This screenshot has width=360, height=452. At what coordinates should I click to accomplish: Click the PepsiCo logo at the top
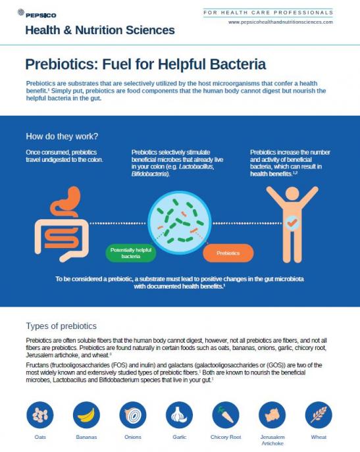tap(37, 14)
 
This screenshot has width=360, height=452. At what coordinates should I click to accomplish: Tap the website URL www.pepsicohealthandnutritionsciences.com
tap(280, 22)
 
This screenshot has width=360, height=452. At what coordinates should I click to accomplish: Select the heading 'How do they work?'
tap(62, 136)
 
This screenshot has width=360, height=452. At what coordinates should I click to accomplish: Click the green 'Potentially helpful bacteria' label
tap(131, 253)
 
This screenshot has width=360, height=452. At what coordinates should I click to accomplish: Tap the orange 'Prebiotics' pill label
tap(228, 253)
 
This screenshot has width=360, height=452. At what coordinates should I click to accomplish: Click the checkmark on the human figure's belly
tap(292, 222)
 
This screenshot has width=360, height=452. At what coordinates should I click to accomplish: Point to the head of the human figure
tap(292, 193)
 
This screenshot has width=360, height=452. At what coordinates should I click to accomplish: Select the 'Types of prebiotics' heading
tap(61, 326)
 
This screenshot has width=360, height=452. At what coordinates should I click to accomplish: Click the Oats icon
tap(40, 414)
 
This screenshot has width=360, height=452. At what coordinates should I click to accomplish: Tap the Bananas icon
tap(86, 414)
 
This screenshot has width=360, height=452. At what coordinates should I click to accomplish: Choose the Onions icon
tap(133, 414)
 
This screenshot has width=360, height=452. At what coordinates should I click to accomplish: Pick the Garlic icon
tap(179, 414)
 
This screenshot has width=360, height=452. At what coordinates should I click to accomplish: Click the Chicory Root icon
tap(226, 414)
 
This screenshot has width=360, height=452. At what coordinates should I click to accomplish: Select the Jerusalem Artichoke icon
tap(272, 414)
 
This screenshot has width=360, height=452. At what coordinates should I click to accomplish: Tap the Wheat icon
tap(319, 414)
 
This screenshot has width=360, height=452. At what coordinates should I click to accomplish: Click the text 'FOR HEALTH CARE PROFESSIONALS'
tap(269, 13)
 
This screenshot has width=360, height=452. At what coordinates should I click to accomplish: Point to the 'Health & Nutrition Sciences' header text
tap(100, 30)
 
